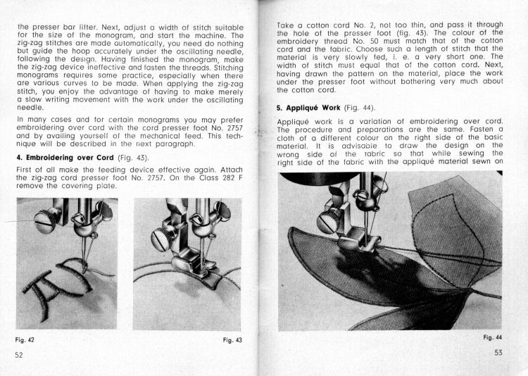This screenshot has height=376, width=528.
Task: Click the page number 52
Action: (19, 355)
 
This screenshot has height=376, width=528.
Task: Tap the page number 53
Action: (498, 353)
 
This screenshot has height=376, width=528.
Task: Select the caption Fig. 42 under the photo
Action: (25, 340)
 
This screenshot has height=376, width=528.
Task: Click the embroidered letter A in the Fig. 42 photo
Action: (39, 282)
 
